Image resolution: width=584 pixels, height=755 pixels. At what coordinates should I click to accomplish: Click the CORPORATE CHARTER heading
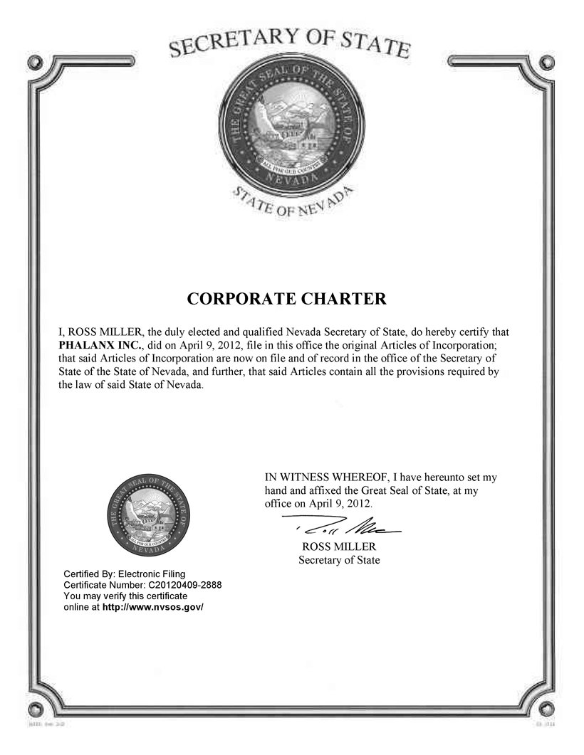click(x=286, y=299)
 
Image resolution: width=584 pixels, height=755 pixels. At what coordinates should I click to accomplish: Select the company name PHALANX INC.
click(x=92, y=344)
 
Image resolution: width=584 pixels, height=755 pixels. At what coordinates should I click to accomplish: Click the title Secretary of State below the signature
click(x=339, y=560)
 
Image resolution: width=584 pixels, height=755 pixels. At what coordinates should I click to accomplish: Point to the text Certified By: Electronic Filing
click(x=125, y=574)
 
